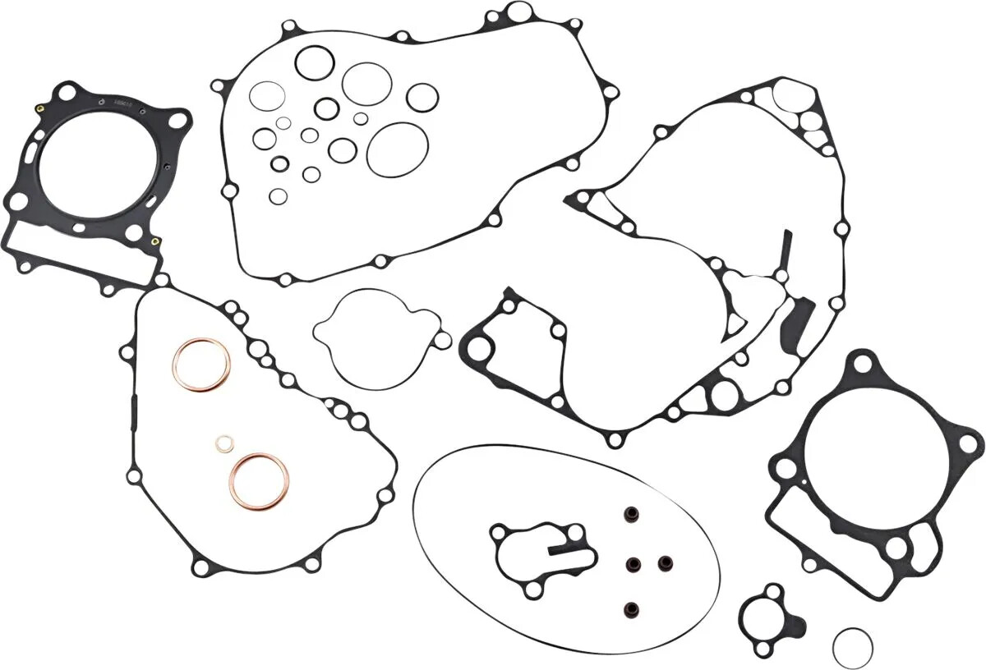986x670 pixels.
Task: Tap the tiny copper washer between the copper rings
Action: (223, 444)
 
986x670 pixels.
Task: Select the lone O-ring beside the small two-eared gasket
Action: (852, 648)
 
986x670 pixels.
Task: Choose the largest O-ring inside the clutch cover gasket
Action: (397, 149)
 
